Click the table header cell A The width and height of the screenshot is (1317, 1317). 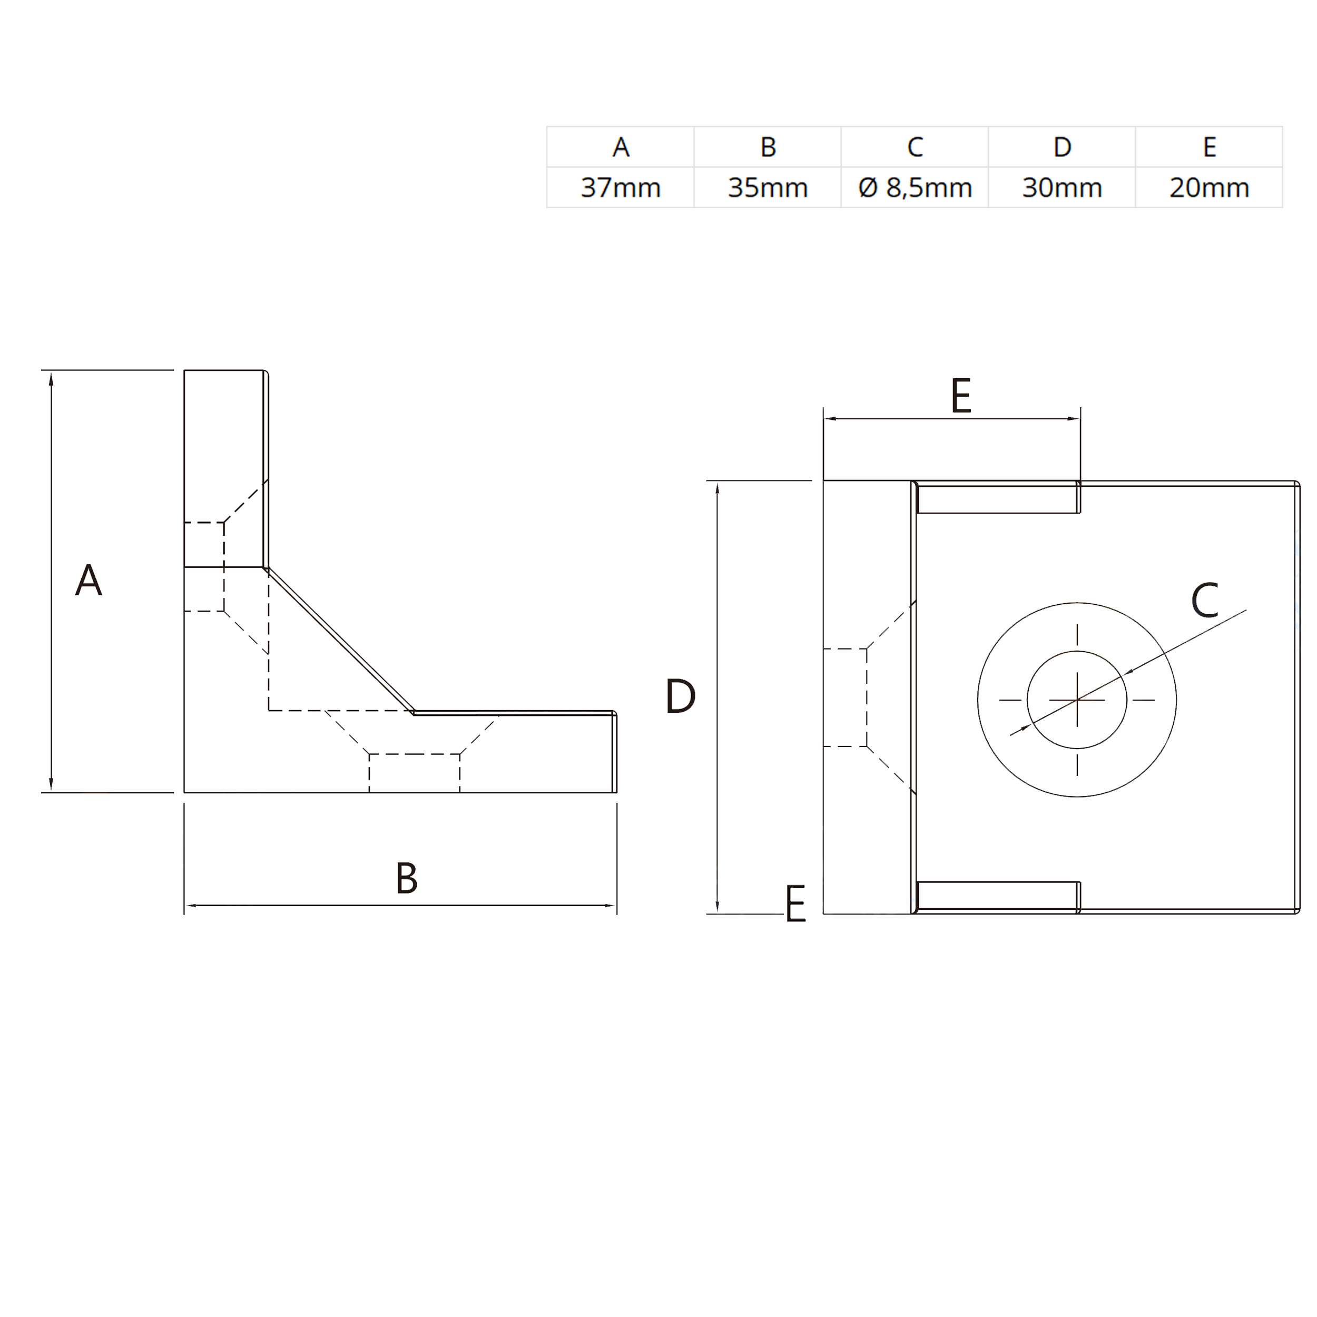coord(621,146)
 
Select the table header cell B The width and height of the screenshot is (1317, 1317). coord(768,146)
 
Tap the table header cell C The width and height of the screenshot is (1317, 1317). coord(915,146)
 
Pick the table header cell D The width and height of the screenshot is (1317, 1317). coord(1062,146)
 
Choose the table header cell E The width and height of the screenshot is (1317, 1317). coord(1210,146)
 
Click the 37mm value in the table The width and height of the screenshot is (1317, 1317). coord(621,188)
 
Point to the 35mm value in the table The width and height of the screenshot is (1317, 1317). coord(768,188)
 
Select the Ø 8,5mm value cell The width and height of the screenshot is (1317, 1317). coord(915,188)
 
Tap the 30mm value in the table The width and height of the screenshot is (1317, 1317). coord(1062,188)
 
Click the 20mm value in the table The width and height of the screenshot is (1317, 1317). coord(1210,188)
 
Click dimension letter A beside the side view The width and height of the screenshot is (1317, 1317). coord(89,580)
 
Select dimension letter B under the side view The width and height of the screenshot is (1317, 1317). coord(406,878)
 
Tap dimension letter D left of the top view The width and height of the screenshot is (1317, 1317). coord(680,696)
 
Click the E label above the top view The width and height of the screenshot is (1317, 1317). coord(960,396)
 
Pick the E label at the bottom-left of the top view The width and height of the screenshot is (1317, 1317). coord(795,904)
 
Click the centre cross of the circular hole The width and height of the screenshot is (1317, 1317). coord(1077,700)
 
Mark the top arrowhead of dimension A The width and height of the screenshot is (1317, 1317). coord(51,378)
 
